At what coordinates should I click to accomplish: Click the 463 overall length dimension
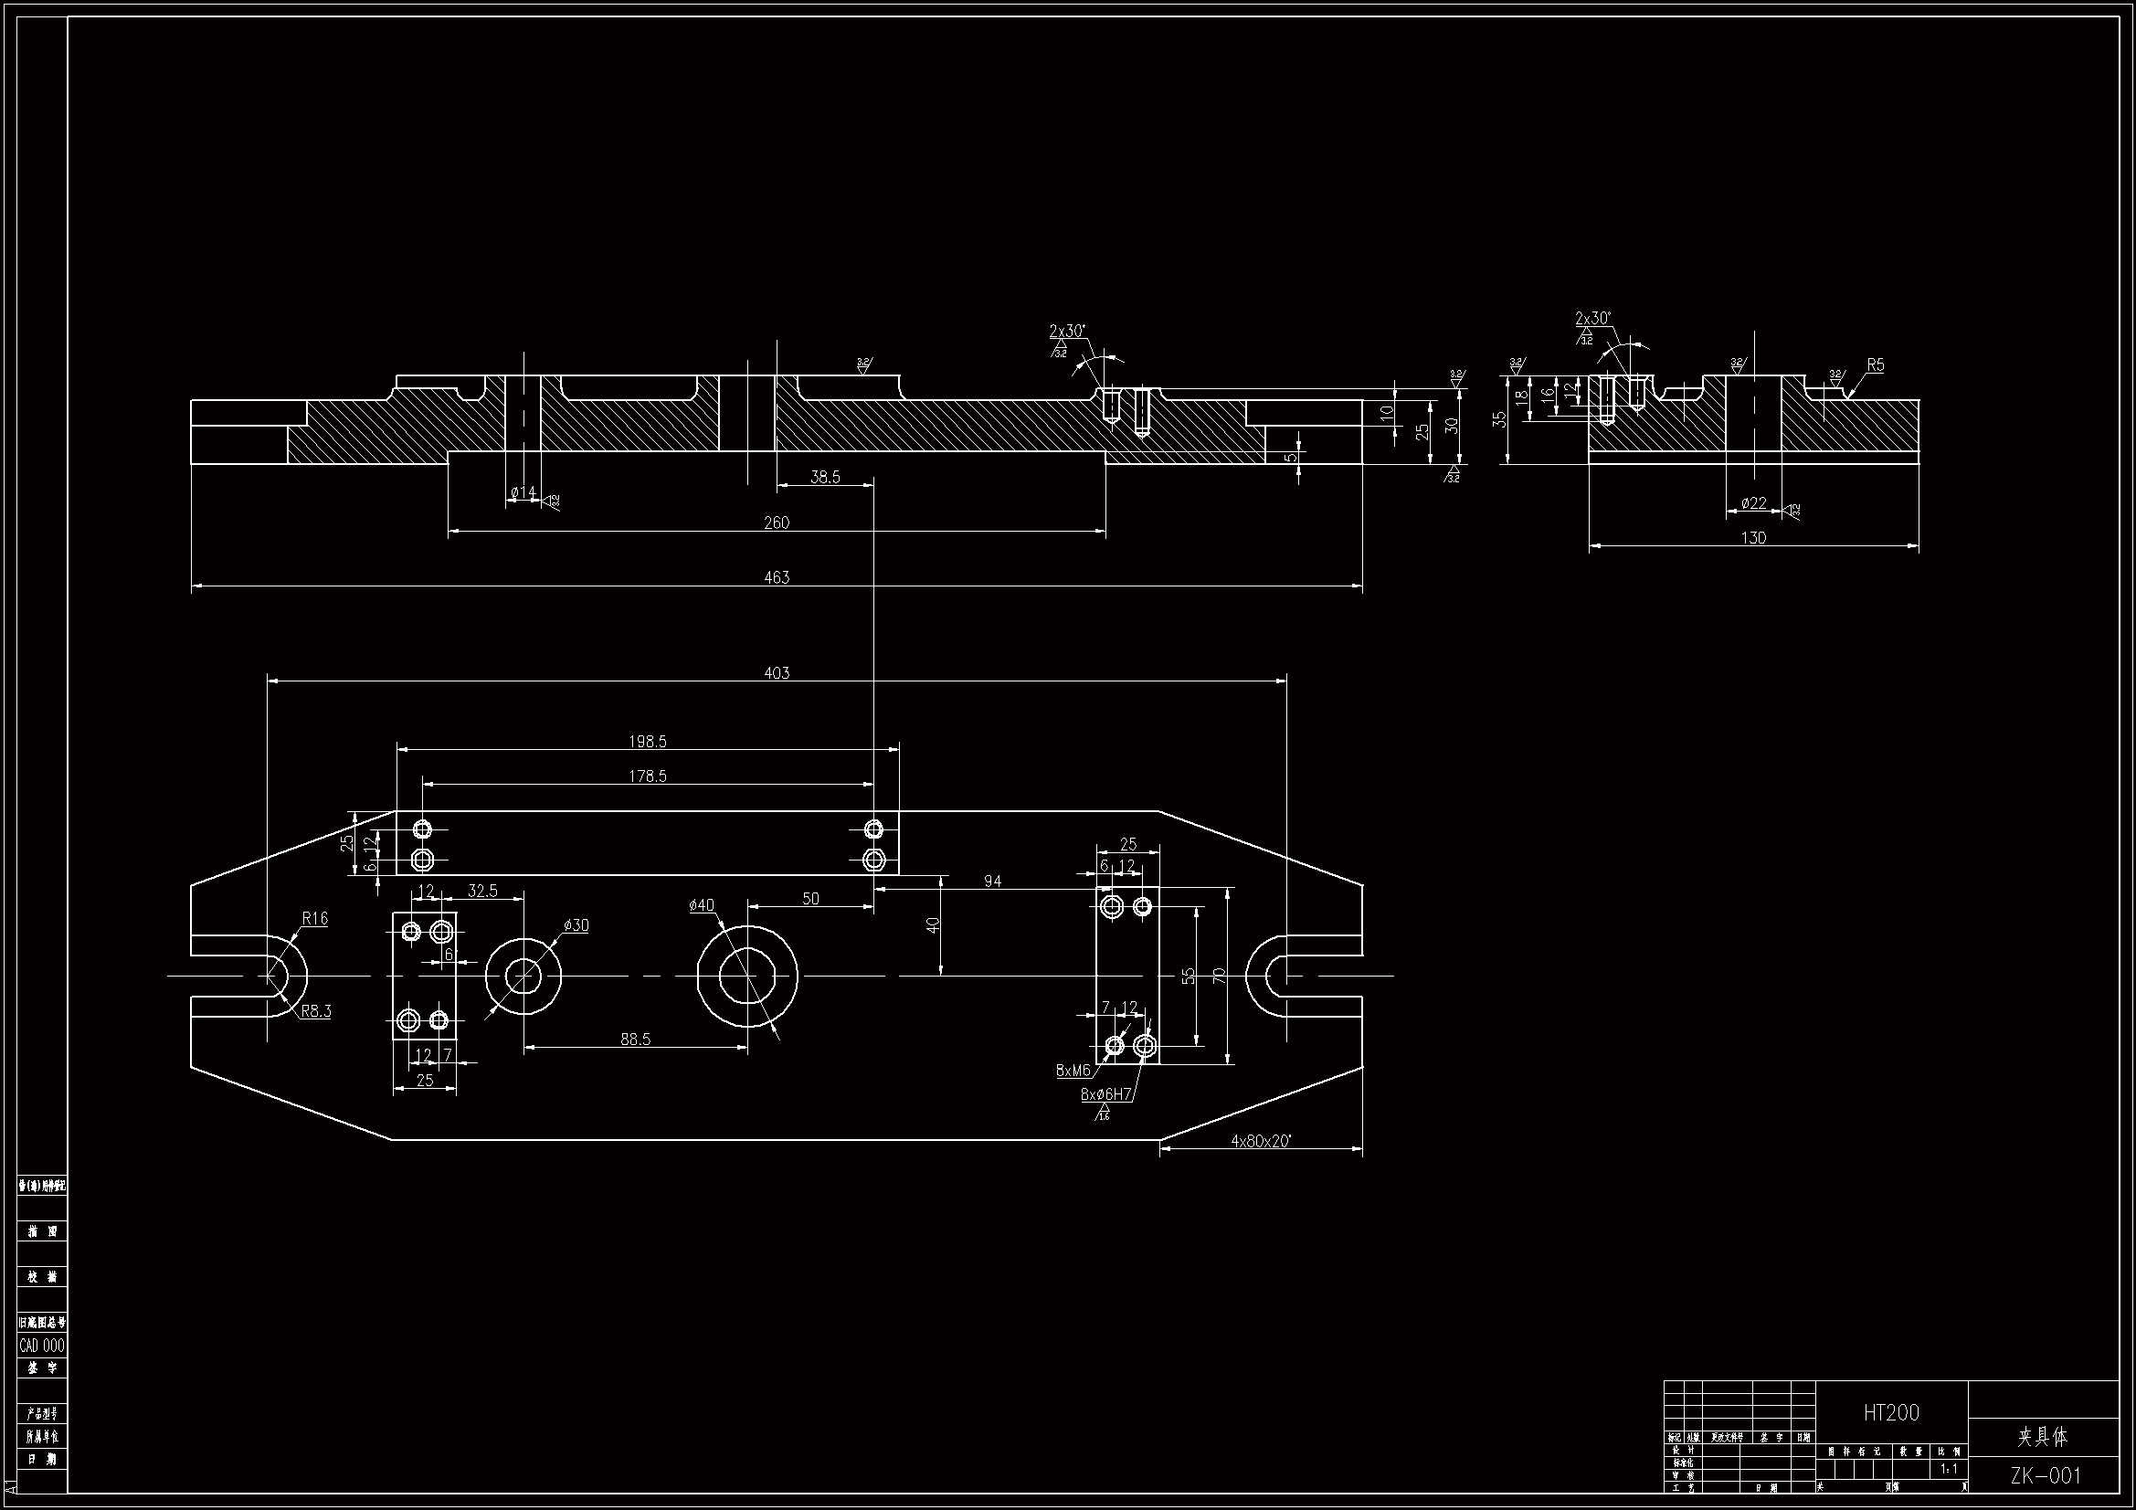[776, 576]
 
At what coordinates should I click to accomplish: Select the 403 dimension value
[776, 672]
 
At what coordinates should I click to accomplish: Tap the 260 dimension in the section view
[776, 523]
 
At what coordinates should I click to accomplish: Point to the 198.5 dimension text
[648, 742]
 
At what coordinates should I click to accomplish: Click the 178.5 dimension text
[648, 776]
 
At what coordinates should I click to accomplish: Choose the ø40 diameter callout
[702, 905]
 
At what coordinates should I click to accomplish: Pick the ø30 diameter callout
[576, 924]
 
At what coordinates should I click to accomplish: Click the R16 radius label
[314, 918]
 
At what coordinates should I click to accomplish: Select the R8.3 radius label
[315, 1011]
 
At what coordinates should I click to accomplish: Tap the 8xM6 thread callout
[1073, 1071]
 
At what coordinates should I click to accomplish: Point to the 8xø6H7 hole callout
[1106, 1094]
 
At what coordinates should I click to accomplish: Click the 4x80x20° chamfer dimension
[1261, 1141]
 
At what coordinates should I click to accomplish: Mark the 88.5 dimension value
[635, 1040]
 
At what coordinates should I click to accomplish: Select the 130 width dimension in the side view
[1752, 538]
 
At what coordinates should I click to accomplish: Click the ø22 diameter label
[1752, 503]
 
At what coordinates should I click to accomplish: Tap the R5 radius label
[1875, 365]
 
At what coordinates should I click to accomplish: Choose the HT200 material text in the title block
[1891, 1412]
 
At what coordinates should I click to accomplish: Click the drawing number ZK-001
[2045, 1475]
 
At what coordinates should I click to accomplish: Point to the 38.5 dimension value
[825, 477]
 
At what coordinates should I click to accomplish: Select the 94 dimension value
[993, 882]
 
